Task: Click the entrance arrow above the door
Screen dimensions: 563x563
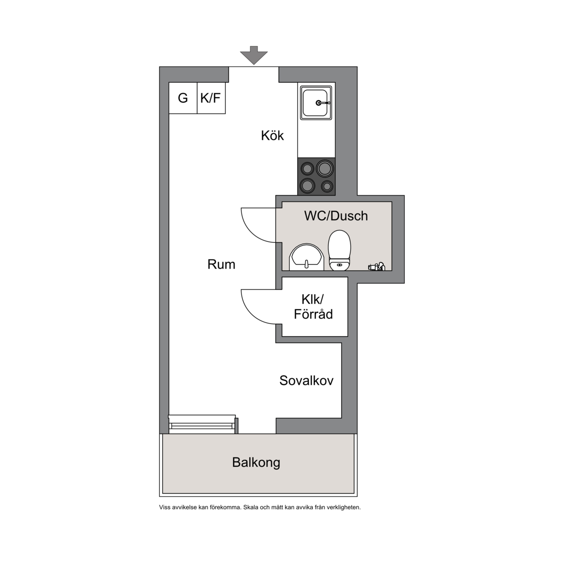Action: tap(254, 55)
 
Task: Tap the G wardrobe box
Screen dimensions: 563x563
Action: tap(183, 98)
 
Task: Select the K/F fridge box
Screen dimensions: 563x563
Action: tap(211, 98)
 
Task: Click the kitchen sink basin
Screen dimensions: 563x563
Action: tap(316, 103)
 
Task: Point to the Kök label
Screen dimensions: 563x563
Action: tap(272, 136)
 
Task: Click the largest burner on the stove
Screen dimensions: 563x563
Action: tap(325, 168)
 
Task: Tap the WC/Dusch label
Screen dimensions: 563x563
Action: tap(336, 216)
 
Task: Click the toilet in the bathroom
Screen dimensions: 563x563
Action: tap(339, 250)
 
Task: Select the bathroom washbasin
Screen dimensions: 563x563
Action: tap(306, 257)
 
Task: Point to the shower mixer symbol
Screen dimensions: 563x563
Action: tap(377, 266)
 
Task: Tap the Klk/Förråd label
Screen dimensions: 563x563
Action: tap(313, 306)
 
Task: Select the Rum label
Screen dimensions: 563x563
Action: tap(221, 264)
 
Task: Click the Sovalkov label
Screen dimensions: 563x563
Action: tap(306, 381)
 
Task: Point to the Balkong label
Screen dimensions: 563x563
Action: tap(256, 462)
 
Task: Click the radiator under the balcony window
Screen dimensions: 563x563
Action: tap(202, 424)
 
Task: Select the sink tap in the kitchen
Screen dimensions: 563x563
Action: tap(323, 103)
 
